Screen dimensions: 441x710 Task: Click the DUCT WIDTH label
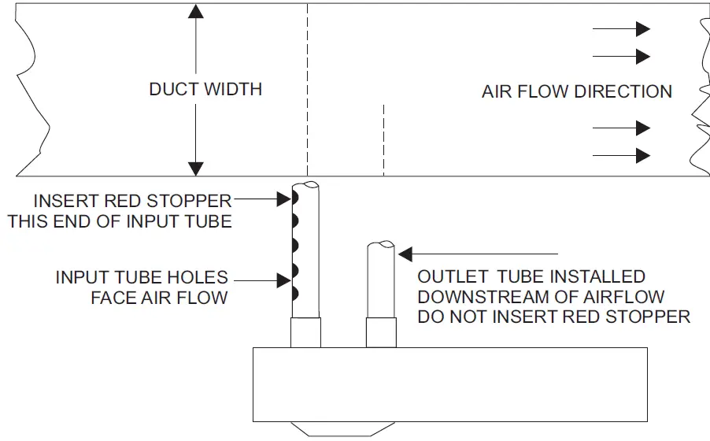(x=205, y=89)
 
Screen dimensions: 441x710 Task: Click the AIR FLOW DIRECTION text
(x=576, y=91)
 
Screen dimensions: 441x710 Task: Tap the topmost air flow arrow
(x=621, y=29)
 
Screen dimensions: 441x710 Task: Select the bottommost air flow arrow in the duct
(x=621, y=155)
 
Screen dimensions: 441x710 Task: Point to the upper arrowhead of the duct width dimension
(x=196, y=11)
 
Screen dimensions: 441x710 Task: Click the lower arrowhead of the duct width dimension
(x=196, y=169)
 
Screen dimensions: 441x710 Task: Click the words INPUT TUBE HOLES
(x=142, y=278)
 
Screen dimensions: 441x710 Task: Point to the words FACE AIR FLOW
(x=159, y=298)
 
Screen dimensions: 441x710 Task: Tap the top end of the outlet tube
(x=382, y=246)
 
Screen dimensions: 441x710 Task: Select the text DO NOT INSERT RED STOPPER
(x=553, y=317)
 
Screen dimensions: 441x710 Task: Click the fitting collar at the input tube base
(x=307, y=333)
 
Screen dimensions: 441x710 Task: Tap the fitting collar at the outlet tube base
(x=382, y=333)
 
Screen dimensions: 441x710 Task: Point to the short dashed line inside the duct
(x=383, y=139)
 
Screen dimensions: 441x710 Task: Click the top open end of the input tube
(x=308, y=186)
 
